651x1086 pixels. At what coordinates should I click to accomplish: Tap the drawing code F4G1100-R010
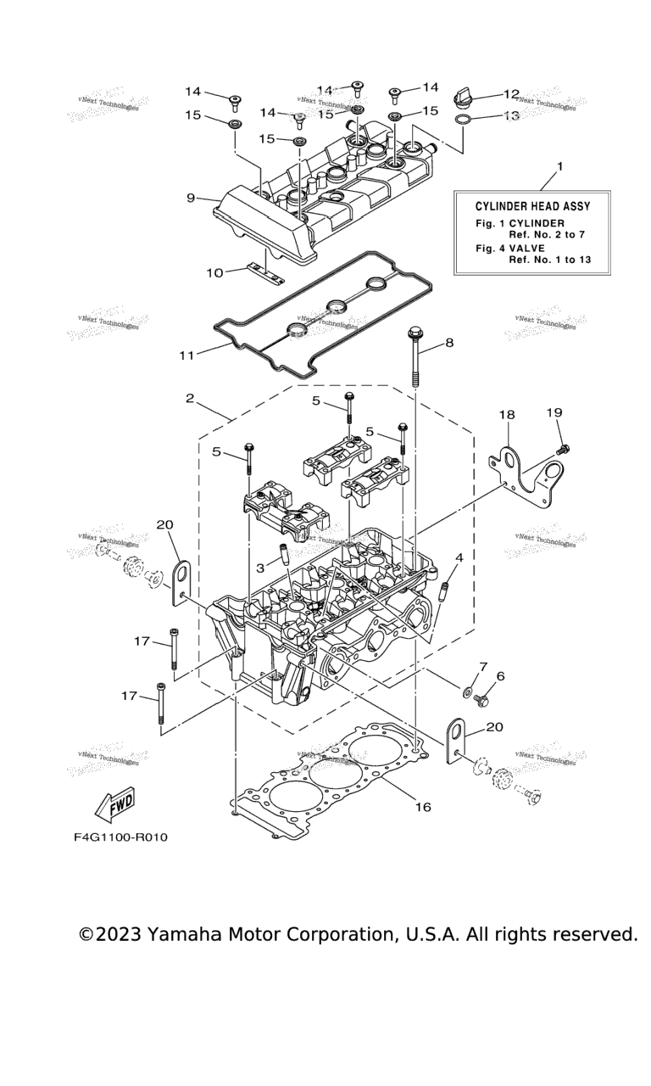pos(120,837)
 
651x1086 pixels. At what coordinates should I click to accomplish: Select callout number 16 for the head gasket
pos(423,806)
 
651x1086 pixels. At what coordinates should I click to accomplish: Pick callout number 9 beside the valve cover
pos(192,198)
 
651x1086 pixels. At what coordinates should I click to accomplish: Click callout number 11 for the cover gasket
pos(186,354)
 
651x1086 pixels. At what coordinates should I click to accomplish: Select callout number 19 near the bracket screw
pos(554,412)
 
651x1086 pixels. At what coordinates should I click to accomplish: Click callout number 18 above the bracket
pos(506,415)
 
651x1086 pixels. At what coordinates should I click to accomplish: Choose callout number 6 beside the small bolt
pos(500,676)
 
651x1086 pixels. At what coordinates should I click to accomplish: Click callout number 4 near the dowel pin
pos(459,557)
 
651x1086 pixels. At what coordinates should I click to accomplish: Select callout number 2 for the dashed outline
pos(191,398)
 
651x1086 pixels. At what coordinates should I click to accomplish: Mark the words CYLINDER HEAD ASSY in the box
pos(532,205)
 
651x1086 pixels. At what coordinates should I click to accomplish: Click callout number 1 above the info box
pos(559,166)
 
